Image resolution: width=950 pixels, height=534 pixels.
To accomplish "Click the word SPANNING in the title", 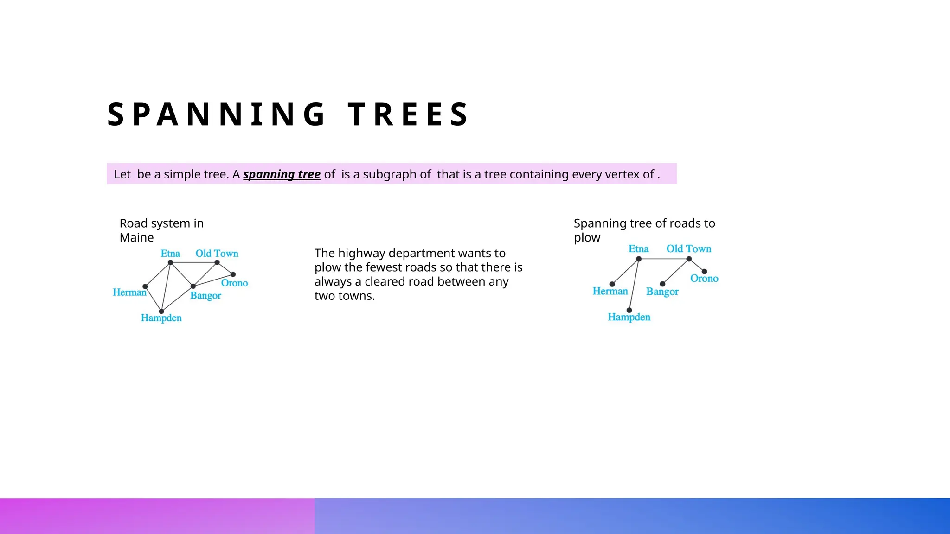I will pyautogui.click(x=217, y=114).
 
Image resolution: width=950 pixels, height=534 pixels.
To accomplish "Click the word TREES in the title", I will pyautogui.click(x=408, y=114).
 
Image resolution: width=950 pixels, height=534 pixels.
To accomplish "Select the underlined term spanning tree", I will pyautogui.click(x=282, y=174).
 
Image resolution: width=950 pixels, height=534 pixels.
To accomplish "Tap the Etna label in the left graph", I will pyautogui.click(x=170, y=254).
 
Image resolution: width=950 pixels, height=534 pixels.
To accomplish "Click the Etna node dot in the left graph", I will pyautogui.click(x=171, y=262).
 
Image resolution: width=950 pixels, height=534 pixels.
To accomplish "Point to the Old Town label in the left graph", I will pyautogui.click(x=217, y=254).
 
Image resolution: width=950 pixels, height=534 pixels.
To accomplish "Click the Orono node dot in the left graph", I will pyautogui.click(x=233, y=274).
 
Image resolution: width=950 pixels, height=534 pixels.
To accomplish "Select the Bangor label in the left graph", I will pyautogui.click(x=205, y=296).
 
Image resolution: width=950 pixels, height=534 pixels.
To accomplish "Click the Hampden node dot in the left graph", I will pyautogui.click(x=161, y=311).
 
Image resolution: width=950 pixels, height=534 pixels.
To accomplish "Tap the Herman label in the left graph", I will pyautogui.click(x=129, y=292).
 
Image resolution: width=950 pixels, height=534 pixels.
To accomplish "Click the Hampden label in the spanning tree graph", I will pyautogui.click(x=629, y=317).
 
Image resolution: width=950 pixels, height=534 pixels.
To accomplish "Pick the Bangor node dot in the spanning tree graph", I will pyautogui.click(x=662, y=284).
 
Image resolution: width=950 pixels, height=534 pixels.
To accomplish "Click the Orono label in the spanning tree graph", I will pyautogui.click(x=704, y=279).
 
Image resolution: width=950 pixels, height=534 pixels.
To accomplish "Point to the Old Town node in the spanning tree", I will pyautogui.click(x=689, y=259).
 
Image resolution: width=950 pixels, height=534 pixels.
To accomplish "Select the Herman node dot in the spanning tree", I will pyautogui.click(x=612, y=284).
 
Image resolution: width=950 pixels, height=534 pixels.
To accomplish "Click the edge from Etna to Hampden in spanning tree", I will pyautogui.click(x=634, y=284).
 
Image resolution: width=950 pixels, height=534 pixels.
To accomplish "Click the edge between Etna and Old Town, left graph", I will pyautogui.click(x=194, y=262).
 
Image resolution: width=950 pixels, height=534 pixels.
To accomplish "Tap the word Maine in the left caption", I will pyautogui.click(x=136, y=238).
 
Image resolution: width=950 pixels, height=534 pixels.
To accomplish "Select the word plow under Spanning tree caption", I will pyautogui.click(x=587, y=238).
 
